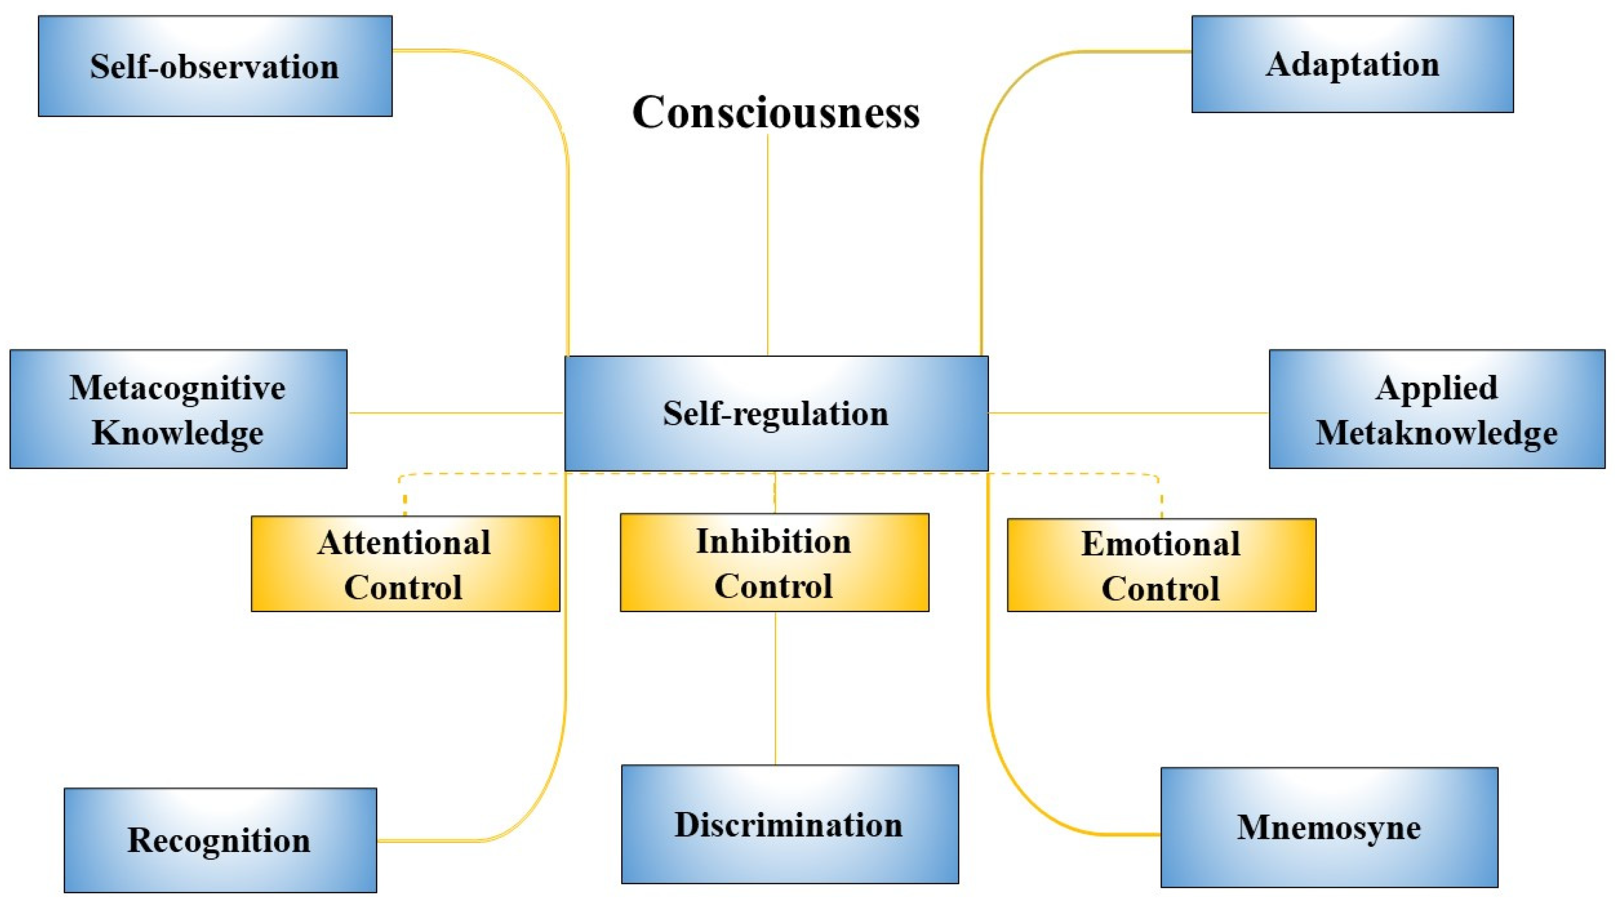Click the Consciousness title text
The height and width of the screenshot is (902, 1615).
(775, 113)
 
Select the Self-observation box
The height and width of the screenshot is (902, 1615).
(215, 66)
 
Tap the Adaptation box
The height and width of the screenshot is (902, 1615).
(1352, 65)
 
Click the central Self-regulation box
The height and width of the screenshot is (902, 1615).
(775, 413)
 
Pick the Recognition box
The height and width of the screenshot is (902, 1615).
(220, 840)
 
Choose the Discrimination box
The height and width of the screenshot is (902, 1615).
(789, 824)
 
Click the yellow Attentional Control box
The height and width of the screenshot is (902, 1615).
(405, 564)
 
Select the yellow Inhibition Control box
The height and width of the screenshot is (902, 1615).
(774, 563)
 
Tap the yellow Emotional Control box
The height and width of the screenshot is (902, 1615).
(1161, 565)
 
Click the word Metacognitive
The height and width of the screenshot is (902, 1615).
(177, 388)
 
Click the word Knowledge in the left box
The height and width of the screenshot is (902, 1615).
(177, 433)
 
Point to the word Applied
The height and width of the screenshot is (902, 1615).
(1436, 388)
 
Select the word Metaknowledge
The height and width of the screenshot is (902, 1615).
(1436, 433)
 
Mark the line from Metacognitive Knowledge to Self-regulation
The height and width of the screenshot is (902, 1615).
(456, 413)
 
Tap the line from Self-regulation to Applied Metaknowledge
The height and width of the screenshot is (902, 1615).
(1128, 413)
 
